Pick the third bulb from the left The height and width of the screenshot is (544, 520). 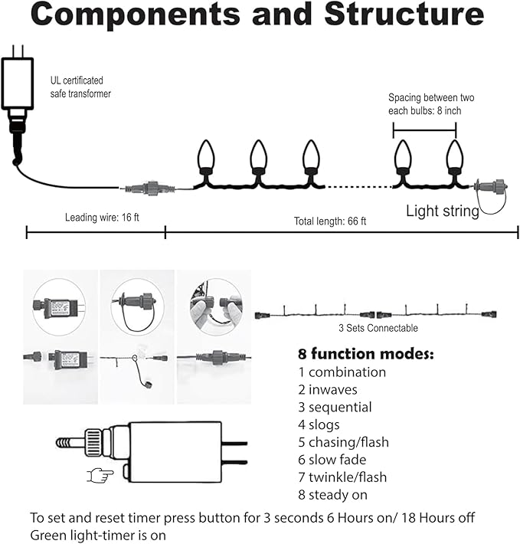click(x=309, y=156)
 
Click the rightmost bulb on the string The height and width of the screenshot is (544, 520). click(x=455, y=156)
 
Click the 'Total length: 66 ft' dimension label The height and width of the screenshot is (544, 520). click(x=330, y=221)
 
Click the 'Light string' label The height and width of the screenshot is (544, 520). click(x=442, y=211)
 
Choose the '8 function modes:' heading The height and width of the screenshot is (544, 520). click(x=365, y=354)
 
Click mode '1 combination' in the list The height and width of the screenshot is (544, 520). click(x=342, y=372)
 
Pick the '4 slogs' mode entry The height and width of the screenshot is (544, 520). click(x=319, y=424)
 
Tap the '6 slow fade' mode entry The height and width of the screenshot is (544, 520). click(x=332, y=460)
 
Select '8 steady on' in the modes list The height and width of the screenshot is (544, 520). click(x=332, y=495)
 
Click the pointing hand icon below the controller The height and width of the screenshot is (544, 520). click(x=100, y=476)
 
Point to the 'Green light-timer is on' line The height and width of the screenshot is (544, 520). click(x=98, y=534)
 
